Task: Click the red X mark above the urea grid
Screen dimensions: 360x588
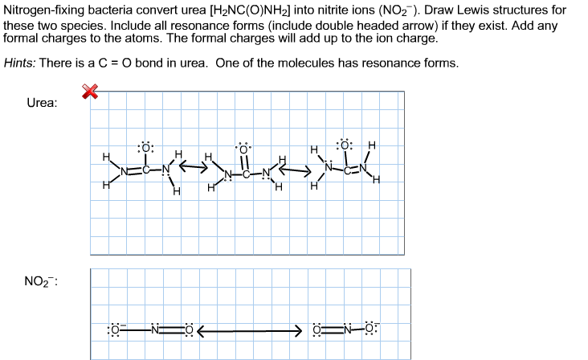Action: click(92, 93)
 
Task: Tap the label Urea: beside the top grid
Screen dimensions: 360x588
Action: click(42, 104)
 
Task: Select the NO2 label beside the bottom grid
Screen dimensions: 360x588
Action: click(41, 281)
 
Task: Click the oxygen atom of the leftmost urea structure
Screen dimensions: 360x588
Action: click(145, 147)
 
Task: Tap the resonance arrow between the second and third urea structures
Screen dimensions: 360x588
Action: click(296, 170)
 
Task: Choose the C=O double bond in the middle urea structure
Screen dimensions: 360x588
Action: click(243, 162)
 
